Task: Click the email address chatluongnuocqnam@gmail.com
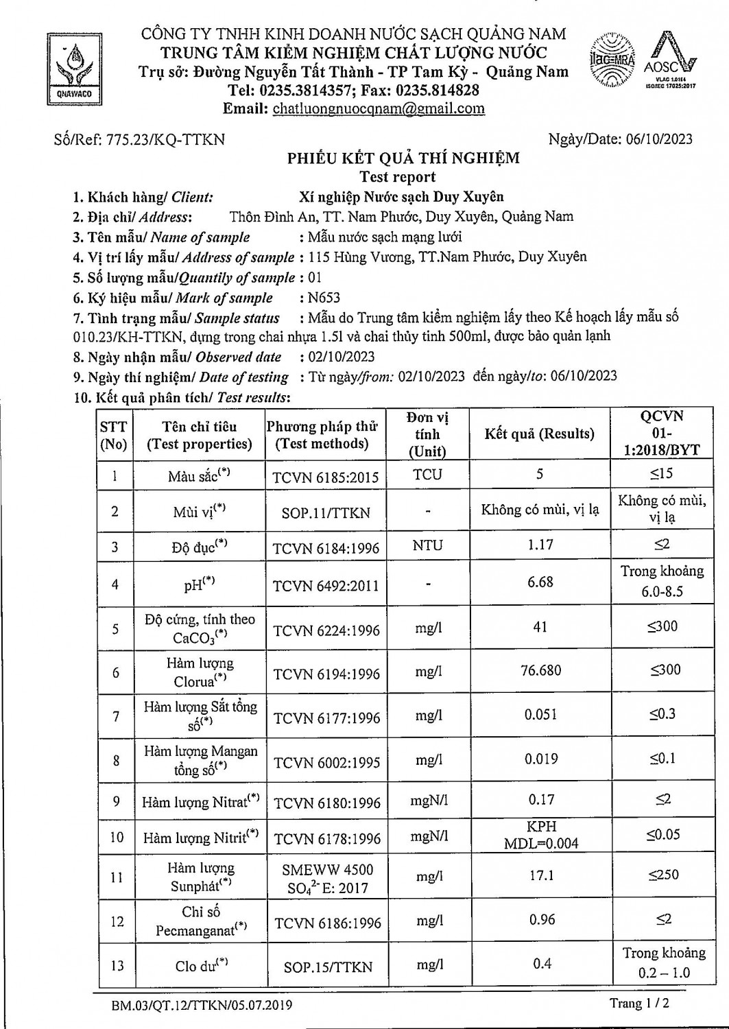(x=379, y=108)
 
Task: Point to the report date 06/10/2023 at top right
(x=659, y=139)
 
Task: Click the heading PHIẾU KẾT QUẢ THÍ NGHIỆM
(x=403, y=158)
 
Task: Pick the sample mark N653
(x=324, y=298)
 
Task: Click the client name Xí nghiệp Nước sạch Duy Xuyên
(x=402, y=197)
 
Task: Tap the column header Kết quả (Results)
(x=539, y=434)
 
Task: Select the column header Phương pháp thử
(x=322, y=435)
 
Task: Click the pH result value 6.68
(x=540, y=582)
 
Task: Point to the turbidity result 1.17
(x=540, y=545)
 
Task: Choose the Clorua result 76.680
(x=540, y=670)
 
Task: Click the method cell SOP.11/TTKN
(x=326, y=512)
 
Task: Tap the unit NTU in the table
(x=428, y=545)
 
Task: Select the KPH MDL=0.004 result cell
(x=540, y=835)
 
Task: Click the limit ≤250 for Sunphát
(x=663, y=875)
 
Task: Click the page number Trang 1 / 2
(x=639, y=1004)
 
